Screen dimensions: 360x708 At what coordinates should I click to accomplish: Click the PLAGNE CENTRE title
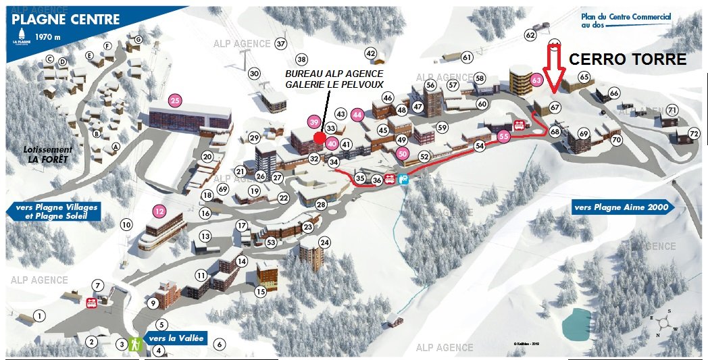pyautogui.click(x=66, y=19)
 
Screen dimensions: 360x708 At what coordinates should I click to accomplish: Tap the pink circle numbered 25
pyautogui.click(x=176, y=101)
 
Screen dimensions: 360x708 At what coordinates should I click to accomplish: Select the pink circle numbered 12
pyautogui.click(x=159, y=211)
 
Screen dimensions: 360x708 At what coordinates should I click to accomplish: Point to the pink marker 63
pyautogui.click(x=537, y=80)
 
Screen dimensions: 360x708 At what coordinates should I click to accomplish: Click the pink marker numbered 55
pyautogui.click(x=503, y=136)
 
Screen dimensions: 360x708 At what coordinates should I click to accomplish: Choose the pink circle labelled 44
pyautogui.click(x=358, y=114)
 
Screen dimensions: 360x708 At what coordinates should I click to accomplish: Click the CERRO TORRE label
pyautogui.click(x=628, y=59)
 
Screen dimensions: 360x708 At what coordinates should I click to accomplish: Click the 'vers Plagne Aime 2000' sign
pyautogui.click(x=622, y=207)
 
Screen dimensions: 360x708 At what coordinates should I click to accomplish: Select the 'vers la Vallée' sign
pyautogui.click(x=175, y=338)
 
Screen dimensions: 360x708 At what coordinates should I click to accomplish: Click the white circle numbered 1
pyautogui.click(x=40, y=316)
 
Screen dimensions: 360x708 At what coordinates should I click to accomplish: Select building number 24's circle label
pyautogui.click(x=325, y=242)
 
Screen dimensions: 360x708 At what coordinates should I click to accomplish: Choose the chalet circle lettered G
pyautogui.click(x=138, y=40)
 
